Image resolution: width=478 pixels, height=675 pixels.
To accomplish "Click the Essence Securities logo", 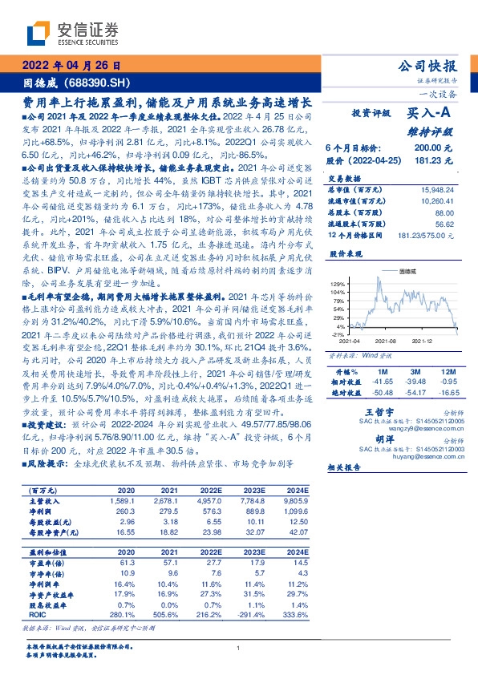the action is [x=72, y=34].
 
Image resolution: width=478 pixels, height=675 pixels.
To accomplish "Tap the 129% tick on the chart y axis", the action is [x=337, y=285].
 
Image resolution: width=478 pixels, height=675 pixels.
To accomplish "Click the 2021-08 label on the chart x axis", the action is [x=386, y=341].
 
